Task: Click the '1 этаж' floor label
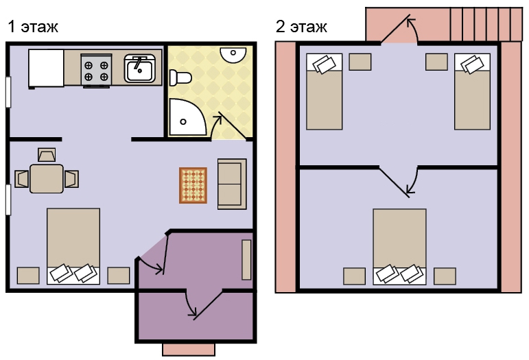(33, 27)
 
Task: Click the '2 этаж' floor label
(301, 27)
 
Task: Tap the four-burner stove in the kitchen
(96, 70)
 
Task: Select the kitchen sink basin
(140, 69)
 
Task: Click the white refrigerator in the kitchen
(46, 69)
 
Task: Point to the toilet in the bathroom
(180, 78)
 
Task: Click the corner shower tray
(187, 117)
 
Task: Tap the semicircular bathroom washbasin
(233, 54)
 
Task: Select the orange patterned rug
(193, 185)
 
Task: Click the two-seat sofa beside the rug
(232, 184)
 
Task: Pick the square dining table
(47, 179)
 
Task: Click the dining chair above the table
(47, 155)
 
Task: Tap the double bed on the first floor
(73, 246)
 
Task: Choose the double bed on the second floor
(399, 247)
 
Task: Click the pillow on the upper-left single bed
(325, 64)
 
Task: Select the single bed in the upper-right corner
(472, 91)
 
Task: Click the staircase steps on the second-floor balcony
(486, 24)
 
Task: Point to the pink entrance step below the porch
(189, 350)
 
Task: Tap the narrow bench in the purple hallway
(246, 260)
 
